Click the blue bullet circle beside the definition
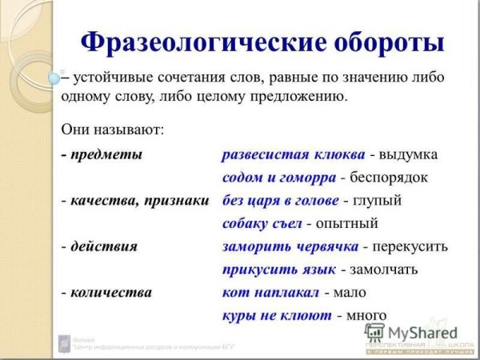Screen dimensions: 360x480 (x=54, y=78)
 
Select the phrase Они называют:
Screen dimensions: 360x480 (x=112, y=128)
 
